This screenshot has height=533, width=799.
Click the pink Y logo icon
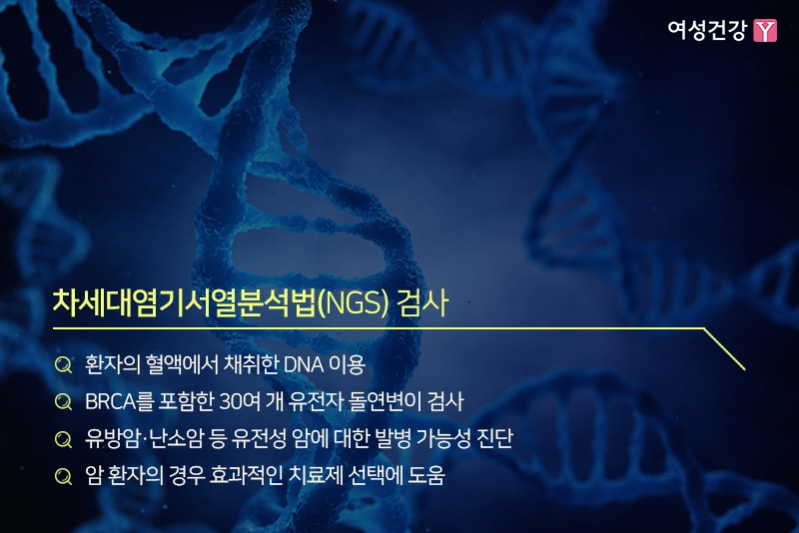765,31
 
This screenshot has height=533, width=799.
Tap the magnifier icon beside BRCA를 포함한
63,401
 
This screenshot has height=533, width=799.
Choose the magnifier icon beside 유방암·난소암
63,439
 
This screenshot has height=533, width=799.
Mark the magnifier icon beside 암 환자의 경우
63,477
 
